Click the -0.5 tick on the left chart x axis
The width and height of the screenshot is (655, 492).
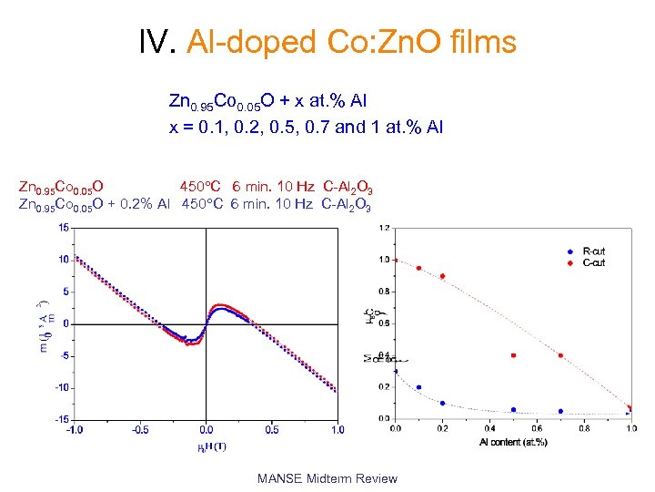tap(140, 430)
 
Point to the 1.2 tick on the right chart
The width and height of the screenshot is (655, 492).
tap(386, 228)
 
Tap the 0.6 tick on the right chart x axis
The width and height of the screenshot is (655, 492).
tap(537, 427)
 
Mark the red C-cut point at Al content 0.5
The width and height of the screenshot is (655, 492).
tap(513, 355)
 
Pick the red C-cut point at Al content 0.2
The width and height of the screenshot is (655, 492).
tap(442, 276)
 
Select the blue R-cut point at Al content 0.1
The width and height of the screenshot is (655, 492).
tap(418, 387)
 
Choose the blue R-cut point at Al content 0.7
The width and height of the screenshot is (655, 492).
tap(560, 411)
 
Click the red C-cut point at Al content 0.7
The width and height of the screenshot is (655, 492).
tap(560, 355)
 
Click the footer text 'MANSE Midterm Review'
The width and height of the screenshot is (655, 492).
tap(327, 478)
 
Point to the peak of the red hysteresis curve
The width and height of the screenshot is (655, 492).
tap(222, 305)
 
